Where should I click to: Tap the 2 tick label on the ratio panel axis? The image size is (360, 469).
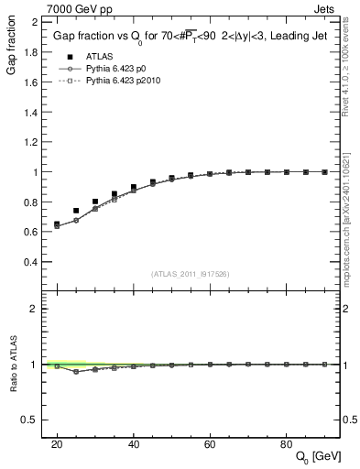coord(33,309)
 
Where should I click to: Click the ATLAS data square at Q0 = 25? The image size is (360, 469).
coord(76,211)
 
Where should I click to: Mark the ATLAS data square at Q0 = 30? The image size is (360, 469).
coord(95,202)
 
